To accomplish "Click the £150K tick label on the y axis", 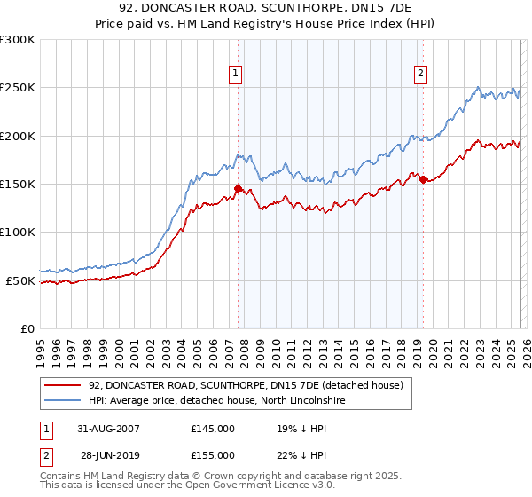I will pyautogui.click(x=18, y=184).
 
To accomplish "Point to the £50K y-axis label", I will pyautogui.click(x=20, y=280).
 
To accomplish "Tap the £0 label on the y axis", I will pyautogui.click(x=27, y=328).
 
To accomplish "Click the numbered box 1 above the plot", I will pyautogui.click(x=237, y=75).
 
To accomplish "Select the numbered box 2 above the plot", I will pyautogui.click(x=420, y=75).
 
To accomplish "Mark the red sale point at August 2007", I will pyautogui.click(x=238, y=188).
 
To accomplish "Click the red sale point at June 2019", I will pyautogui.click(x=423, y=179).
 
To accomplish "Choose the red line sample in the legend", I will pyautogui.click(x=62, y=386).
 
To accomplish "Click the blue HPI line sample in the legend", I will pyautogui.click(x=62, y=400).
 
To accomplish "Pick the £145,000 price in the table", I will pyautogui.click(x=213, y=428).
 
